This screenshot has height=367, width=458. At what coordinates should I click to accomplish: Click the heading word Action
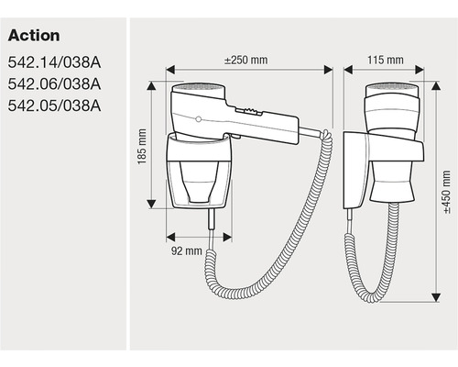pyautogui.click(x=34, y=36)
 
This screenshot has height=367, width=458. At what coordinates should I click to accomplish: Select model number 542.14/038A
pyautogui.click(x=54, y=62)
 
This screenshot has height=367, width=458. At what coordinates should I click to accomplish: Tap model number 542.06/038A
pyautogui.click(x=54, y=84)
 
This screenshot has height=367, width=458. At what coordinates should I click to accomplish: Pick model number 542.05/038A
pyautogui.click(x=54, y=106)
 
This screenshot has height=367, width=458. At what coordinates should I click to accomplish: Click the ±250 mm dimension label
pyautogui.click(x=246, y=60)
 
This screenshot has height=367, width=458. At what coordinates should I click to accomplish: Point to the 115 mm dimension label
pyautogui.click(x=386, y=60)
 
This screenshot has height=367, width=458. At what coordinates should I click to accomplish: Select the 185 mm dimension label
pyautogui.click(x=142, y=147)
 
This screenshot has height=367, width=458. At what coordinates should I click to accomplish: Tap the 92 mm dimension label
pyautogui.click(x=187, y=250)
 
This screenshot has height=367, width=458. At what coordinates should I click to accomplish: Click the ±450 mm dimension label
pyautogui.click(x=446, y=193)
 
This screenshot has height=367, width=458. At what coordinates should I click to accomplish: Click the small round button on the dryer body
pyautogui.click(x=199, y=119)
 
